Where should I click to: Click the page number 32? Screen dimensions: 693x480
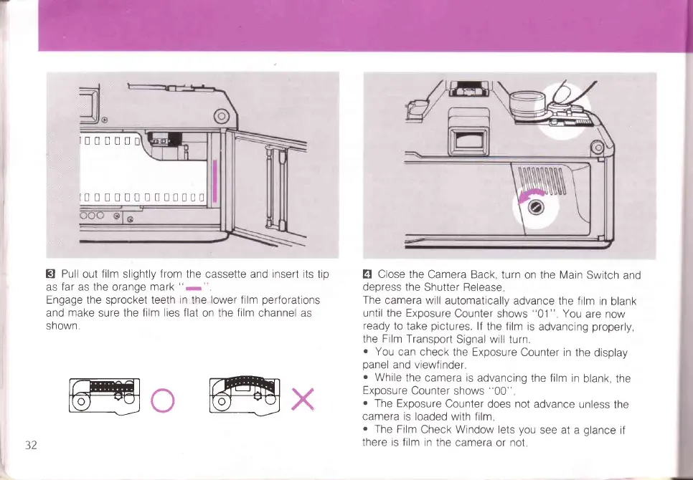[x=30, y=444]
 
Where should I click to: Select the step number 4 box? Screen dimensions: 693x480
[x=368, y=274]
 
